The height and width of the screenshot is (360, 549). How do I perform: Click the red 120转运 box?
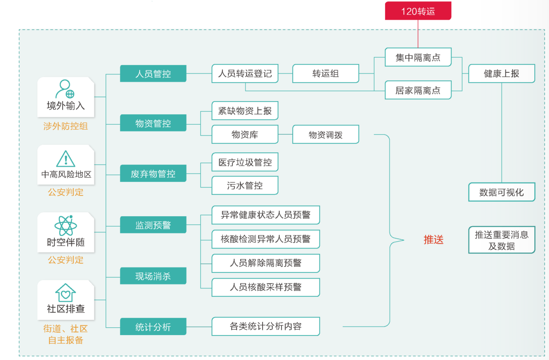(418, 11)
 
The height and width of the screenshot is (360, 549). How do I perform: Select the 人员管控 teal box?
(153, 73)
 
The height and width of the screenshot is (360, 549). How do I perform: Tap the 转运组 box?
(325, 73)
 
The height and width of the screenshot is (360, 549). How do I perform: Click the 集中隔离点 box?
(418, 58)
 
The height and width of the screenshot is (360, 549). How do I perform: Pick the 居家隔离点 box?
(418, 90)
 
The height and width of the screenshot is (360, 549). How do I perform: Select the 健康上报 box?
(501, 73)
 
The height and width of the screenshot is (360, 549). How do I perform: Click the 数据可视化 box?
(501, 192)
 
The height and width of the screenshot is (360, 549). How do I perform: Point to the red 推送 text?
(433, 239)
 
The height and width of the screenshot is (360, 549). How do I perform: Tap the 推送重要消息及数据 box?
(501, 240)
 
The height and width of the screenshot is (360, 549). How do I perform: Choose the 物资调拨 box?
(325, 135)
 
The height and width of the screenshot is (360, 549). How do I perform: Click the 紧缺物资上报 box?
(245, 111)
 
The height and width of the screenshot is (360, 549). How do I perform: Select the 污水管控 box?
(245, 185)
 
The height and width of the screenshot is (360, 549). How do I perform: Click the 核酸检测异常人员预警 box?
(265, 239)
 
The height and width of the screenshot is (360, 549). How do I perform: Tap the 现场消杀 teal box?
(153, 276)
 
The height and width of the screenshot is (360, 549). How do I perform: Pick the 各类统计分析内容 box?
(265, 326)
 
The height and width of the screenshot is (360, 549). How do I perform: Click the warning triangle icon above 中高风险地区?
(66, 159)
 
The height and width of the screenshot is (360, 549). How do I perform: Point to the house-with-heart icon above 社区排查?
(66, 293)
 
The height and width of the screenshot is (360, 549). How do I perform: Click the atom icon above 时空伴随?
(66, 225)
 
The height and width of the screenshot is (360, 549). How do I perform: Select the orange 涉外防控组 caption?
(65, 126)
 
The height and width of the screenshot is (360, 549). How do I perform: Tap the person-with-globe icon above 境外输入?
(65, 89)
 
